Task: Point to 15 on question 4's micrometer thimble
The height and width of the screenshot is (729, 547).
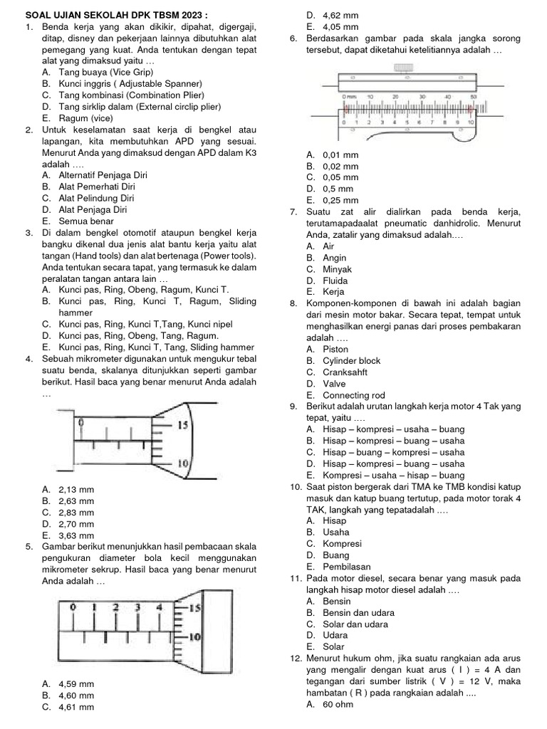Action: tap(182, 425)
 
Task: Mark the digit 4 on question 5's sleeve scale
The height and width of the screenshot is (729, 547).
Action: tap(159, 608)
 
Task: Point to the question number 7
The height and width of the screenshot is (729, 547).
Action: tap(293, 211)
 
